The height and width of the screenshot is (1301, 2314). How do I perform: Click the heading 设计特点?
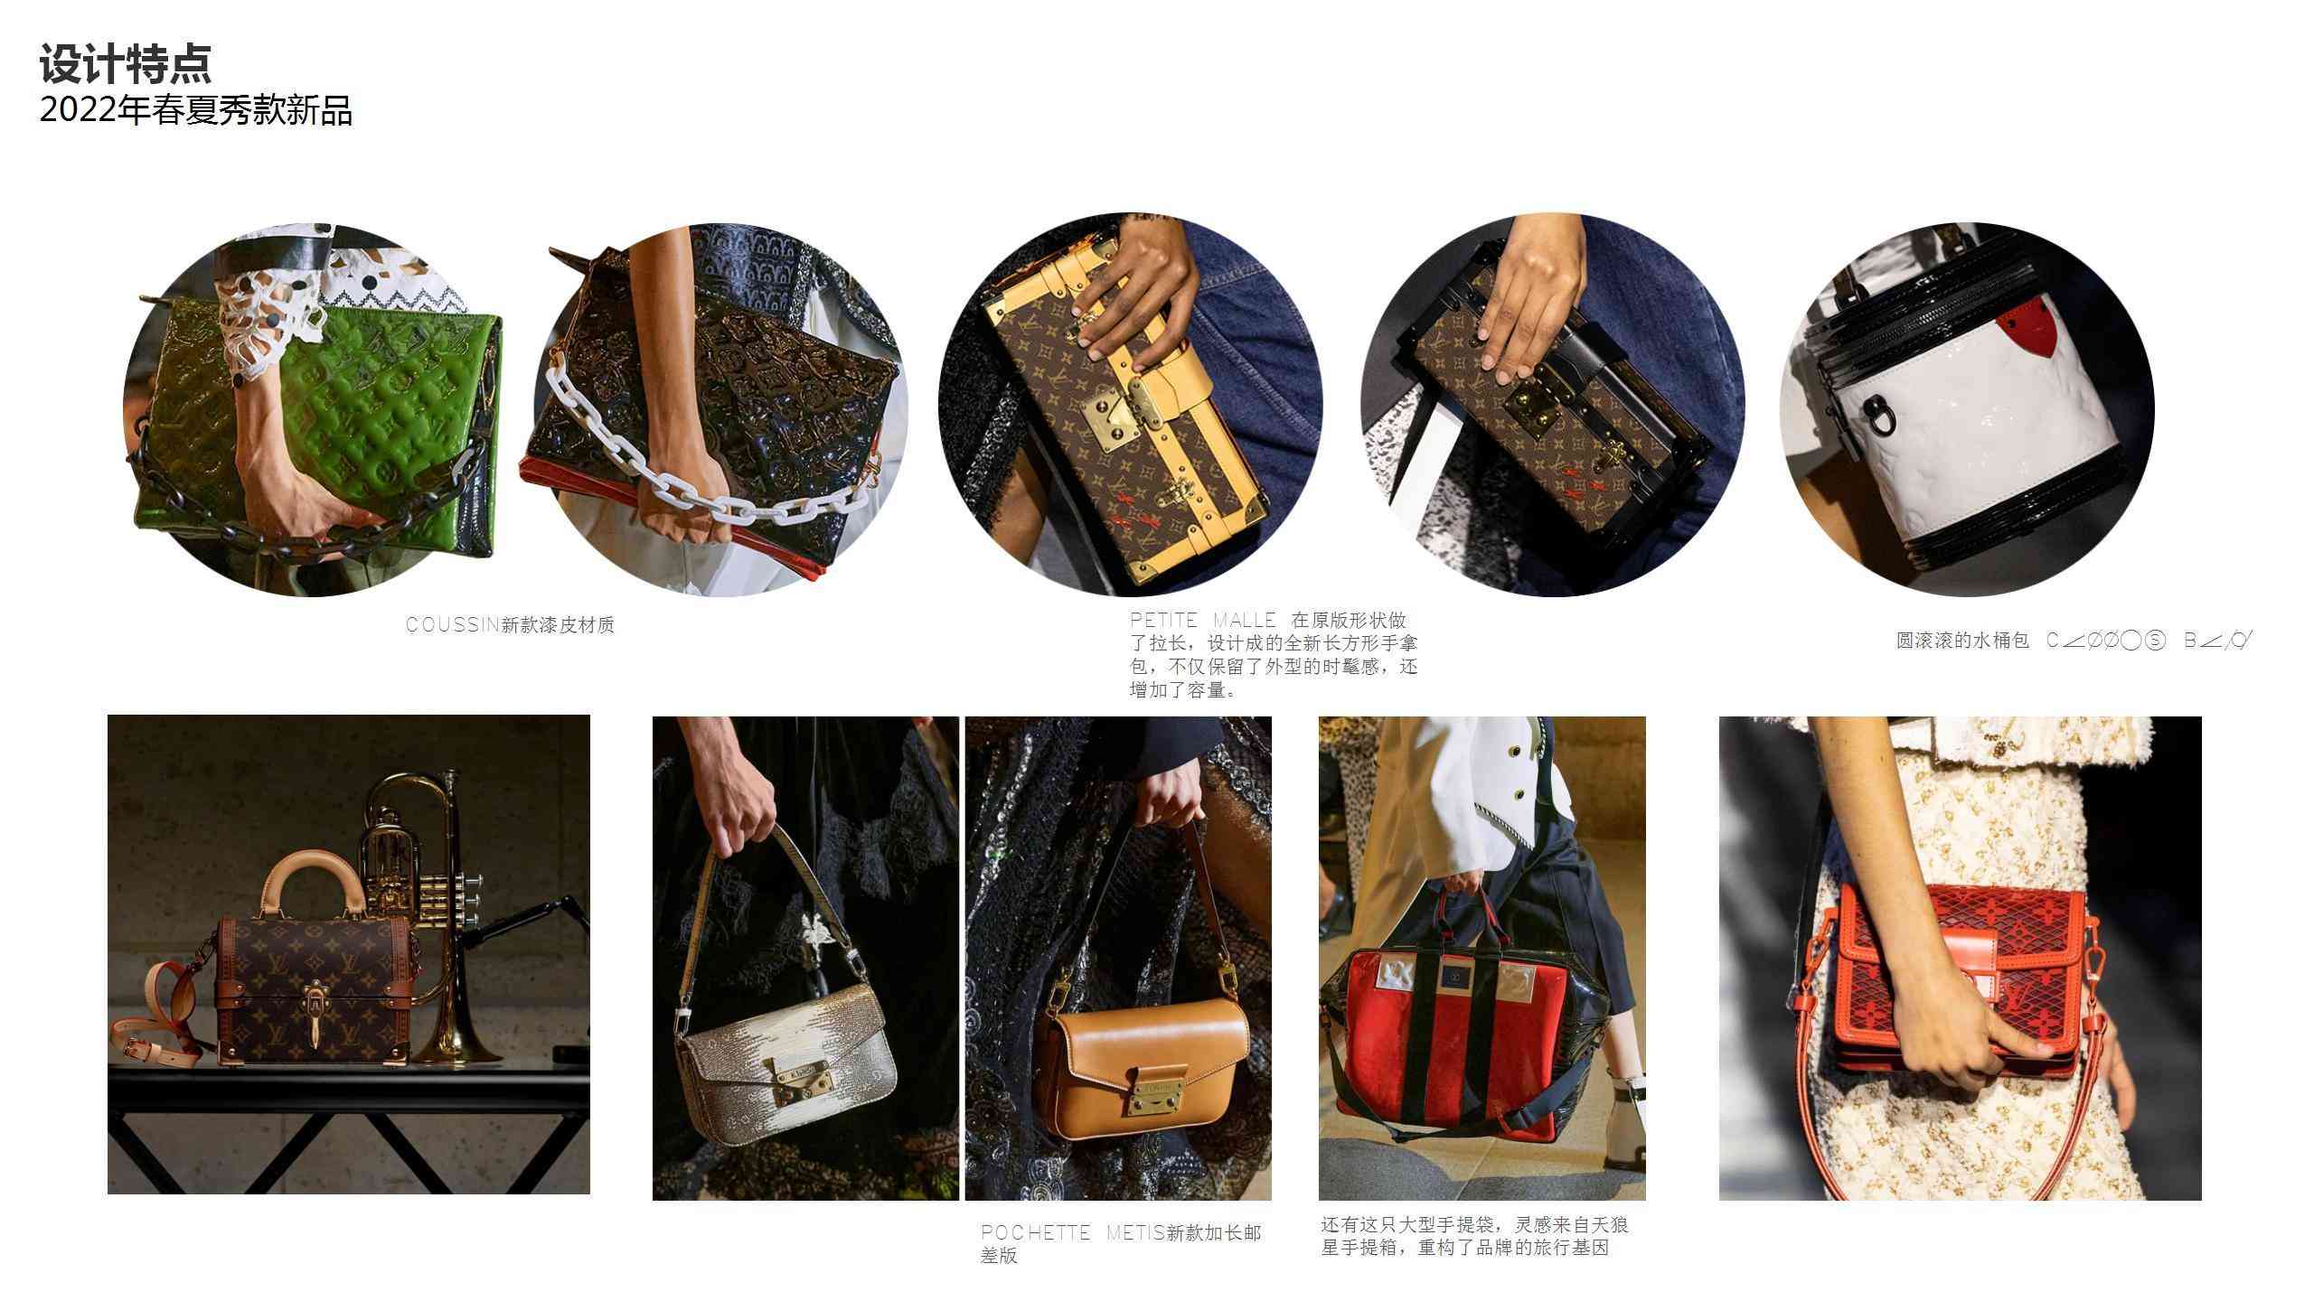pos(125,65)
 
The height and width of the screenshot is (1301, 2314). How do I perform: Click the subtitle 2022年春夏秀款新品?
pos(195,111)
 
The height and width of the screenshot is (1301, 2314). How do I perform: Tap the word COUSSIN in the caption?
pos(452,625)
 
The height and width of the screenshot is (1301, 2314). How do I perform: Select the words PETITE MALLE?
pos(1202,621)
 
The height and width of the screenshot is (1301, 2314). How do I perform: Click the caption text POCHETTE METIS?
pos(1072,1233)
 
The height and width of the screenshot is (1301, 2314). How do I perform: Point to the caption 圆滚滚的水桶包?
pos(1961,641)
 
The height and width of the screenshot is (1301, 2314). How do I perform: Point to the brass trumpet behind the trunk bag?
pos(425,867)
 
